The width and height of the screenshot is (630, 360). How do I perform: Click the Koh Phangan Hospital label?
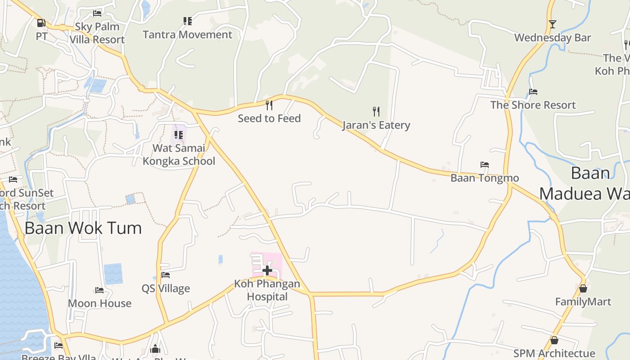(x=267, y=290)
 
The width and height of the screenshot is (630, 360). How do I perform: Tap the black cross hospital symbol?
(x=267, y=270)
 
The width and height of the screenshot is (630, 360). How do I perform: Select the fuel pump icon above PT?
(x=41, y=22)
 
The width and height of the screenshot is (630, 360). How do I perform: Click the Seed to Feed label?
(x=269, y=118)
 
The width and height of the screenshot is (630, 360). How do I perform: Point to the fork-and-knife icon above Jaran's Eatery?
(x=376, y=111)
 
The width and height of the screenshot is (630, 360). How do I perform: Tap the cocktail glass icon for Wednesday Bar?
(x=553, y=24)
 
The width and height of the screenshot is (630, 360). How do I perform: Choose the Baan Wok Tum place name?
(x=83, y=228)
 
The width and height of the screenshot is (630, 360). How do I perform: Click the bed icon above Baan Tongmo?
(x=485, y=165)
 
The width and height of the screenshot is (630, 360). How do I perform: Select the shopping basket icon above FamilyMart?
(x=583, y=288)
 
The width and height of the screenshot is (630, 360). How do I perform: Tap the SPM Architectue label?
(x=554, y=354)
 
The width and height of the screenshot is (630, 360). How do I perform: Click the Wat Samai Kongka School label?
(x=179, y=154)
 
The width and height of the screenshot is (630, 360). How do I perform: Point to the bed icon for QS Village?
(x=166, y=275)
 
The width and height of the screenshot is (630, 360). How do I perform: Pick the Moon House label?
(x=99, y=303)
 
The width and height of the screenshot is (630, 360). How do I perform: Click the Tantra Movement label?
(x=187, y=35)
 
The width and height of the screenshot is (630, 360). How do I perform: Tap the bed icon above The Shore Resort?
(x=533, y=92)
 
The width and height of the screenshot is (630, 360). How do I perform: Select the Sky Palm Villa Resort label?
(x=97, y=33)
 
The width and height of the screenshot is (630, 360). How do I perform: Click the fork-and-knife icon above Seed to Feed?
(x=269, y=105)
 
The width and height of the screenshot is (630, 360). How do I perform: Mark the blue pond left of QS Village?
(x=113, y=274)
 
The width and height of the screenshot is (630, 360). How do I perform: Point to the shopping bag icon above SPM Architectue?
(x=554, y=340)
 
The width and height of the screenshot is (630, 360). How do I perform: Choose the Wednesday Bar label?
(x=553, y=38)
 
